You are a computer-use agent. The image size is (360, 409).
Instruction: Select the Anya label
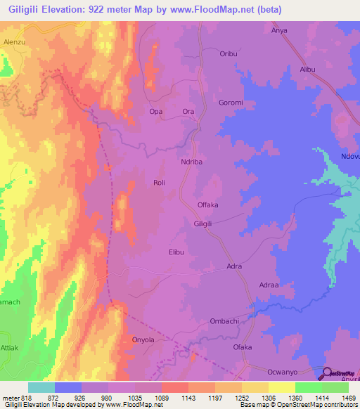pyautogui.click(x=281, y=30)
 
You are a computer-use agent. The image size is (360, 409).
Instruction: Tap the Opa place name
pyautogui.click(x=156, y=112)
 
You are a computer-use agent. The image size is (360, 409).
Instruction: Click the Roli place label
pyautogui.click(x=159, y=183)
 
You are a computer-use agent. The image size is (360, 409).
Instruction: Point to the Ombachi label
pyautogui.click(x=224, y=321)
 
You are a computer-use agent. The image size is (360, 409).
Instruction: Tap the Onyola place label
pyautogui.click(x=143, y=339)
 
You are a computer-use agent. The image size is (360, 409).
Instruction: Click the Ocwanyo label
pyautogui.click(x=284, y=371)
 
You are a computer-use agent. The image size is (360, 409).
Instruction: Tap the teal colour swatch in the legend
pyautogui.click(x=41, y=387)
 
